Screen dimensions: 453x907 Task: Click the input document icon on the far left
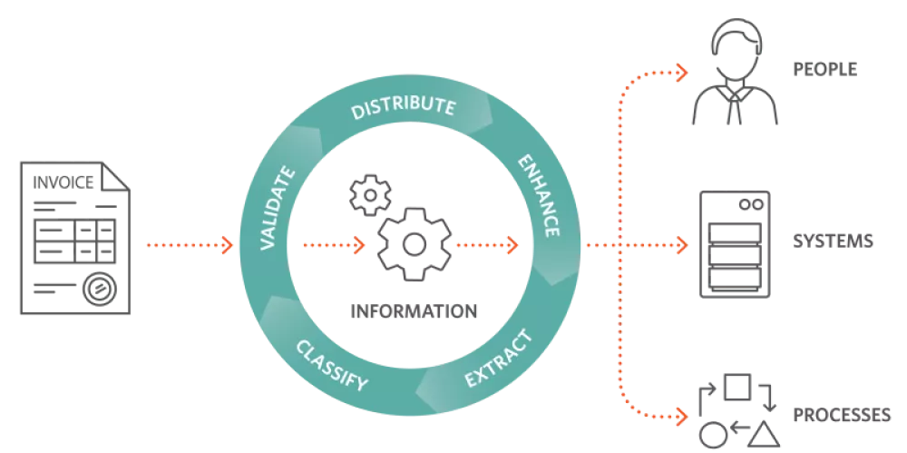pyautogui.click(x=76, y=241)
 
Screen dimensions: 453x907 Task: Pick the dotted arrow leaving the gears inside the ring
pyautogui.click(x=488, y=245)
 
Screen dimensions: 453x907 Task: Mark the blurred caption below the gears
pyautogui.click(x=413, y=310)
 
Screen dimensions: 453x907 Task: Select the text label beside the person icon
pyautogui.click(x=826, y=69)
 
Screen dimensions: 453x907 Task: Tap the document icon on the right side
pyautogui.click(x=736, y=244)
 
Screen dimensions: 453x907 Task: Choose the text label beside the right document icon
pyautogui.click(x=833, y=244)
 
